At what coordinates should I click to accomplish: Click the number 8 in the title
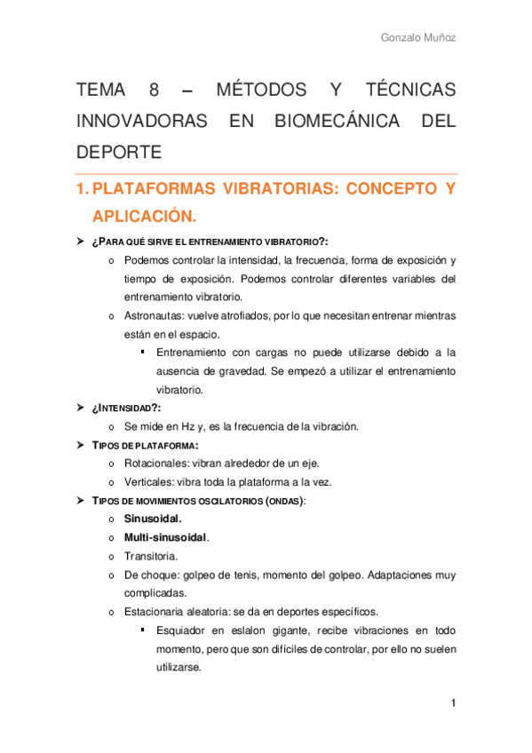coord(155,90)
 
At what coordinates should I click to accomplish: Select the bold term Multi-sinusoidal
coord(167,537)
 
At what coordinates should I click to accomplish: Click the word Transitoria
coord(151,556)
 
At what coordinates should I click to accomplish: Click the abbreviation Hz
coord(202,426)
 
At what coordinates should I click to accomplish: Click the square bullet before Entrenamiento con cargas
coord(142,353)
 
